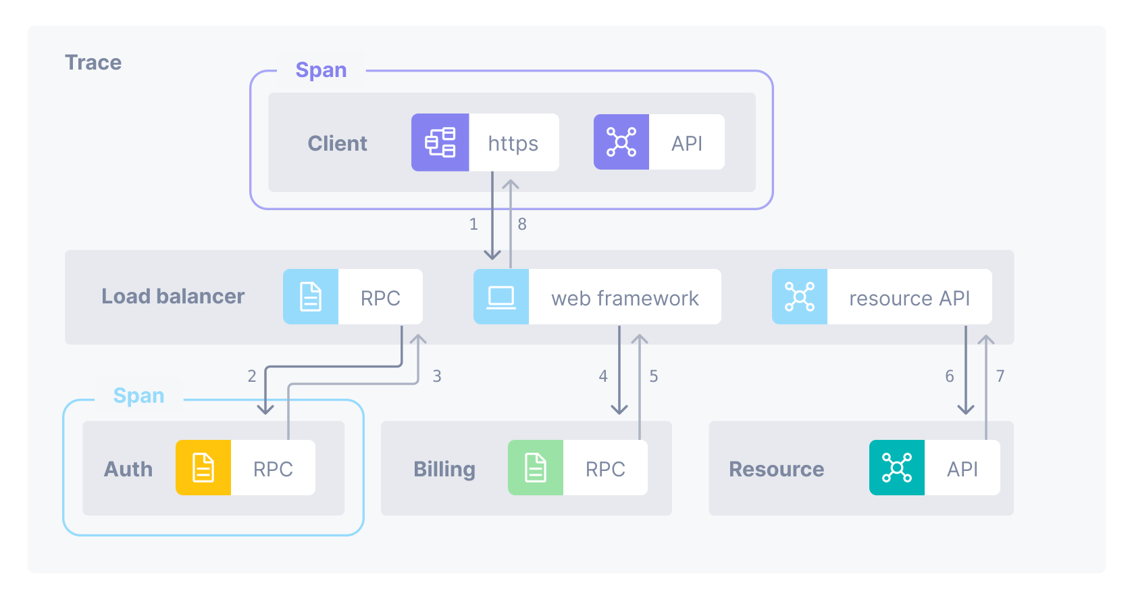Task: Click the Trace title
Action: click(93, 63)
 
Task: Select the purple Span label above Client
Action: click(321, 70)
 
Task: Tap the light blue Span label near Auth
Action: click(138, 396)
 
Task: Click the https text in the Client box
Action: click(513, 143)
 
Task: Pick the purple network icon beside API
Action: click(621, 142)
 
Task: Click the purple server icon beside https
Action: click(440, 143)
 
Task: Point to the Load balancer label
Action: click(173, 297)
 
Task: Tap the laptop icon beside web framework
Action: click(500, 297)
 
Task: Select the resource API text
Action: click(909, 298)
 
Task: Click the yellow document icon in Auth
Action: click(203, 468)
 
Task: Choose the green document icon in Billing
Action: click(536, 468)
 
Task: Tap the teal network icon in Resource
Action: click(896, 468)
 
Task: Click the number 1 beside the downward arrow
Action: click(473, 224)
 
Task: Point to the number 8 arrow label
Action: click(522, 224)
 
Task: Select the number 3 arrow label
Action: click(437, 376)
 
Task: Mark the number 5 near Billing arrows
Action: click(654, 376)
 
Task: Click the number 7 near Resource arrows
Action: click(1000, 376)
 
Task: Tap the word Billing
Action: click(444, 469)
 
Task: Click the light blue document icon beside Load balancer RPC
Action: click(310, 297)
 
